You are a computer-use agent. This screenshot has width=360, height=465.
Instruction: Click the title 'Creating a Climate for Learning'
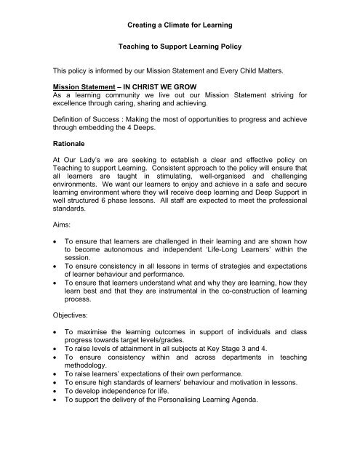180,25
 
